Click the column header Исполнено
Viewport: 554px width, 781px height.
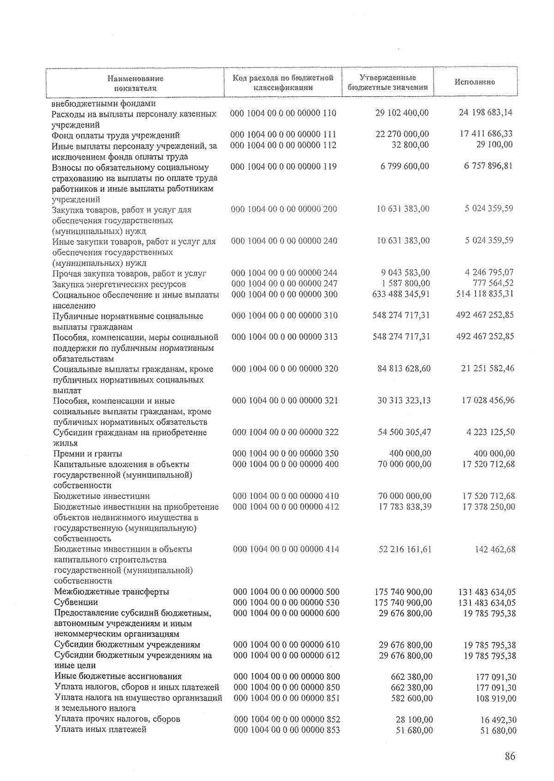pyautogui.click(x=475, y=82)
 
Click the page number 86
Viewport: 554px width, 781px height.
pyautogui.click(x=510, y=757)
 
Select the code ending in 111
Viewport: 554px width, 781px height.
pyautogui.click(x=283, y=134)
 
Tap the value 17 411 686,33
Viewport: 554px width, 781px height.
pyautogui.click(x=486, y=134)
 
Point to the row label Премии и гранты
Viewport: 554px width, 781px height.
pyautogui.click(x=88, y=453)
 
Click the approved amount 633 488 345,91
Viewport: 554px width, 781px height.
pyautogui.click(x=401, y=294)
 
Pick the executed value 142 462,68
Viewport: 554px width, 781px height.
pyautogui.click(x=495, y=549)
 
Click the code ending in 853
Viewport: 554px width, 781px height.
pyautogui.click(x=287, y=730)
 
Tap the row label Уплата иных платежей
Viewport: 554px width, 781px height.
pyautogui.click(x=100, y=730)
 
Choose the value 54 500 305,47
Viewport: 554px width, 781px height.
pyautogui.click(x=404, y=432)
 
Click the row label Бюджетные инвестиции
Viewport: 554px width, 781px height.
pyautogui.click(x=102, y=496)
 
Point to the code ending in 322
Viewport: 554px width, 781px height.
pyautogui.click(x=285, y=432)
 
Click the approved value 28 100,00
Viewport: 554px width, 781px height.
pyautogui.click(x=414, y=720)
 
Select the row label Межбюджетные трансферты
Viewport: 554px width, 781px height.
pyautogui.click(x=111, y=592)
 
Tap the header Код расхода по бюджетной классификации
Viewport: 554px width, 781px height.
pyautogui.click(x=283, y=82)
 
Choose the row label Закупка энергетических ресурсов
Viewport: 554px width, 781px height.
pyautogui.click(x=119, y=284)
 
